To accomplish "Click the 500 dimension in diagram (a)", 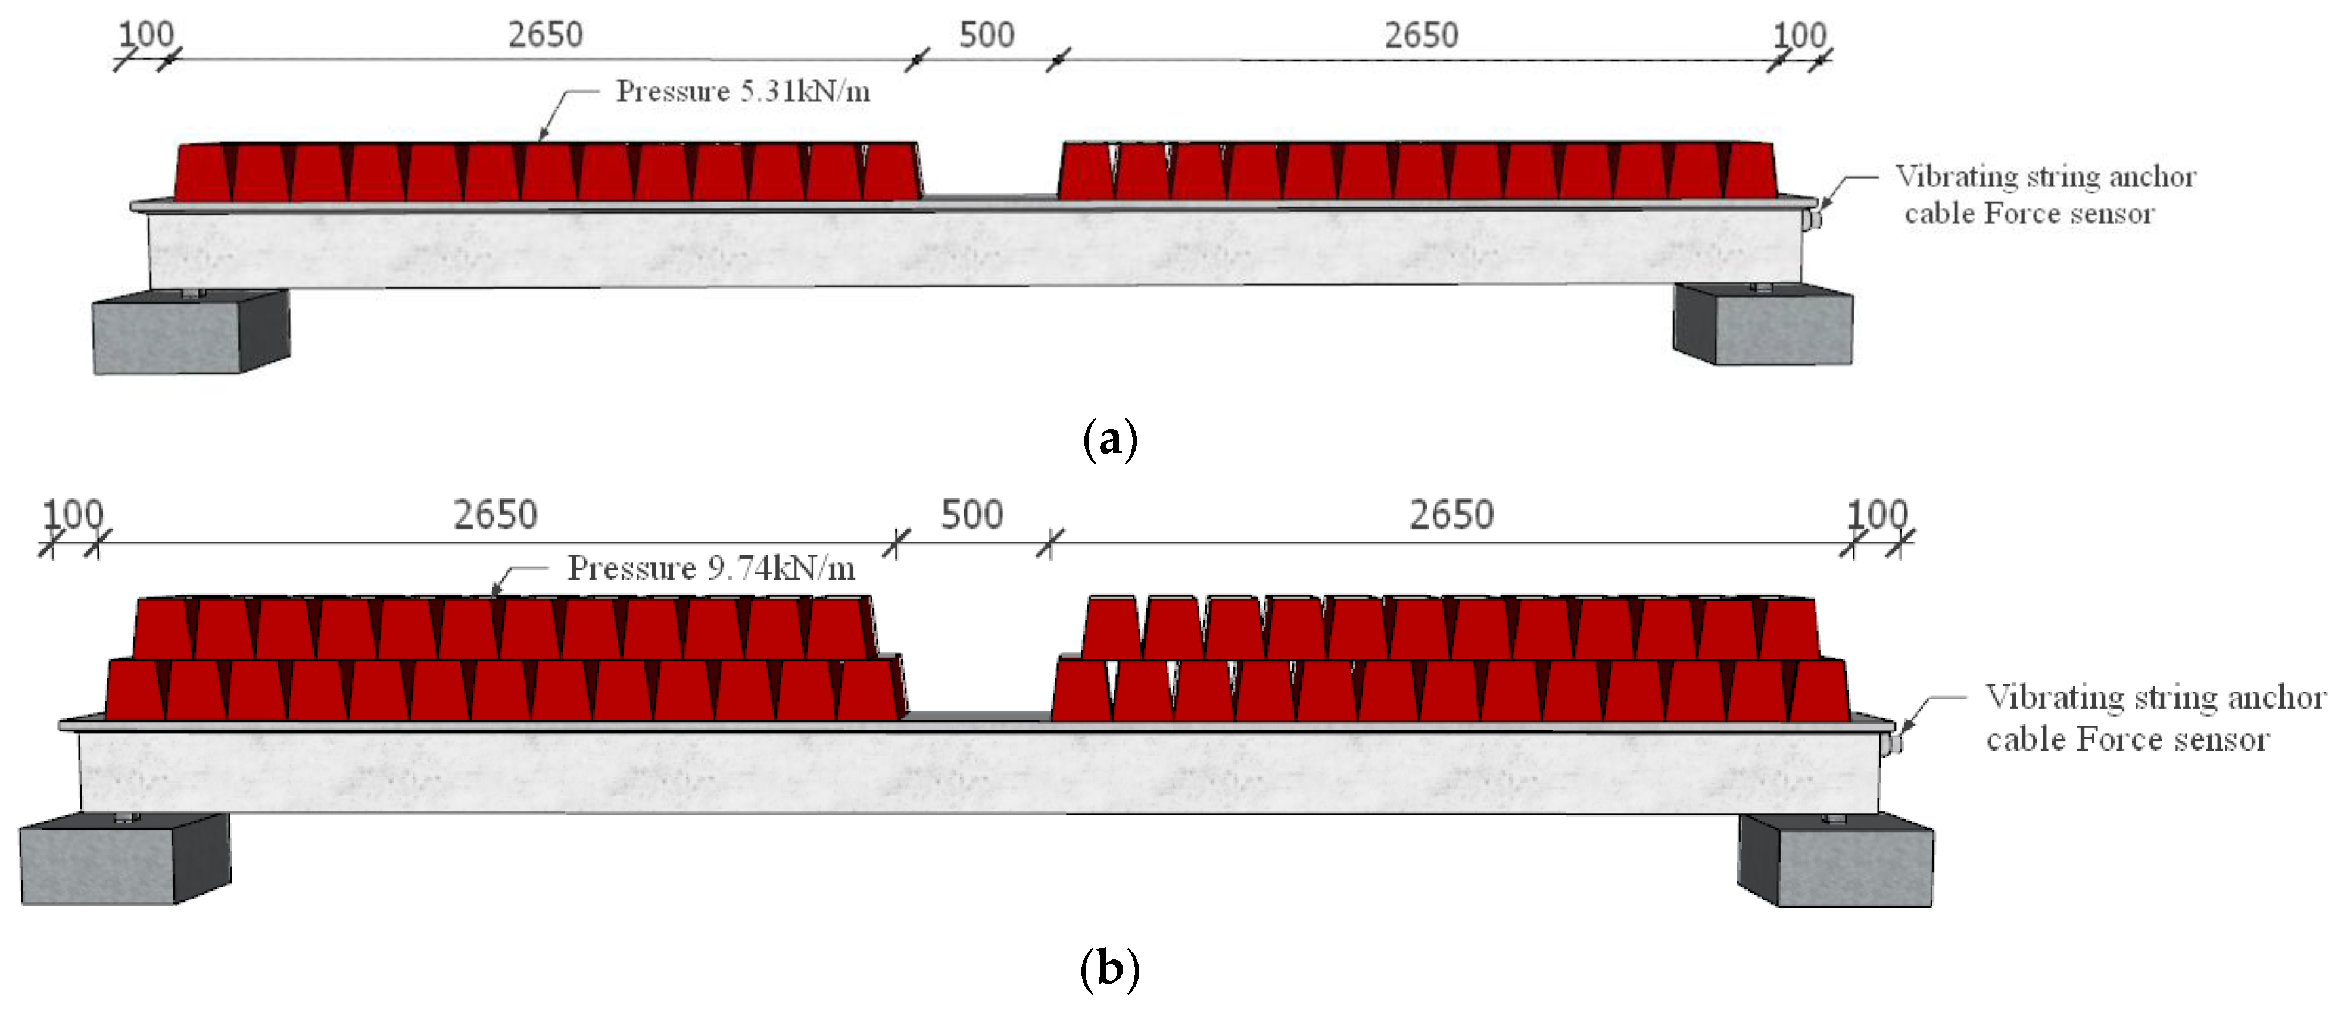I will pos(986,36).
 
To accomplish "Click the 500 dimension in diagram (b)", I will pos(971,515).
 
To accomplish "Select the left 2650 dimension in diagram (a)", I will pos(545,36).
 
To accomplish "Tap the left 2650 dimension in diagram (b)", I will pos(495,515).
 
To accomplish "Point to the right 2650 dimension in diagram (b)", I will pos(1451,515).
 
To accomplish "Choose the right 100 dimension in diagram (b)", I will pos(1878,514).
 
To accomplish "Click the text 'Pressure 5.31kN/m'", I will pos(743,91).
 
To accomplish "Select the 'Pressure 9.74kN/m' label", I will pos(710,568).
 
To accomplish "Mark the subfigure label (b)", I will pos(1109,968).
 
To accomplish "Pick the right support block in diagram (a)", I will pos(1763,325).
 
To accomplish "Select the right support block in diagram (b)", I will pos(1836,861).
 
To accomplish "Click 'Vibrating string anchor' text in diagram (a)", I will pos(2046,176).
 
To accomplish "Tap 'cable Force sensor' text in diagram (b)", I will pos(2127,739).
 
